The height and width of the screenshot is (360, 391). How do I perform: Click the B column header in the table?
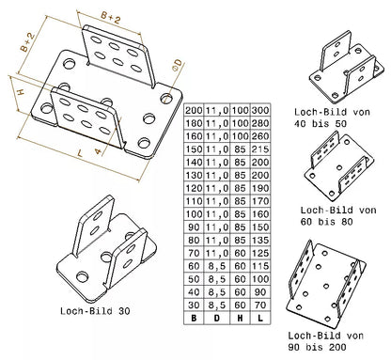[x=195, y=318]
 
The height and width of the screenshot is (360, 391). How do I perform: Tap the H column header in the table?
[x=239, y=318]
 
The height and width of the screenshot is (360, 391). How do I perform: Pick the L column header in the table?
[x=260, y=318]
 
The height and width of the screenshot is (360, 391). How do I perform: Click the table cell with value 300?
[x=260, y=110]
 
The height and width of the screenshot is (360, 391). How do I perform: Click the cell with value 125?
[x=260, y=253]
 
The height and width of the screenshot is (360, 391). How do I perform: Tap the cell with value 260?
[x=260, y=136]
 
